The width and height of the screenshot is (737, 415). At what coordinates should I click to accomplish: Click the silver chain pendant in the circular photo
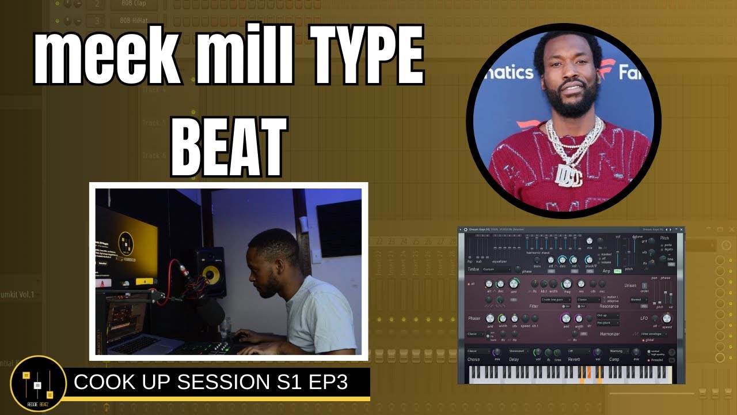click(x=566, y=172)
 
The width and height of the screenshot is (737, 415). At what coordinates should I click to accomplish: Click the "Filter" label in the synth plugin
click(x=534, y=306)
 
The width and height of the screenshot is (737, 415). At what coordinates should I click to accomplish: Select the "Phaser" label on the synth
click(x=474, y=318)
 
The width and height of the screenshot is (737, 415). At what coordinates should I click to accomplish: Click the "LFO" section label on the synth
click(x=644, y=318)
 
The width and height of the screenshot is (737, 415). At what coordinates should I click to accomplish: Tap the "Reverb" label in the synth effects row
click(x=574, y=359)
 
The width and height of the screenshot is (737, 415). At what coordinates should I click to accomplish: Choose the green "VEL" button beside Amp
click(x=617, y=271)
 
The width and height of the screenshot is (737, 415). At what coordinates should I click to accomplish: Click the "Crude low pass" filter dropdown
click(x=556, y=300)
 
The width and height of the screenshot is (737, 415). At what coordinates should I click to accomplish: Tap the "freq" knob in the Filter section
click(x=567, y=284)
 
